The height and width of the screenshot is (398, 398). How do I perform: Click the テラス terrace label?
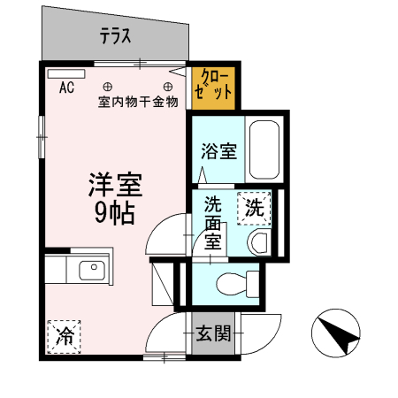(x=115, y=36)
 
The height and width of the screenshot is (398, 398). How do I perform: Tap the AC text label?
(x=66, y=88)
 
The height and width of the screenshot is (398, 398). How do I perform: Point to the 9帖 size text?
(x=115, y=212)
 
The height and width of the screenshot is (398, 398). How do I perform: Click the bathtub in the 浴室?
(x=264, y=148)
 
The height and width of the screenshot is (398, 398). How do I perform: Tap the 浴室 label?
(x=218, y=151)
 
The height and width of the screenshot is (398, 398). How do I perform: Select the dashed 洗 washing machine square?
(x=254, y=210)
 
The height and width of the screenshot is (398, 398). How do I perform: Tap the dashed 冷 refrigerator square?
(x=65, y=335)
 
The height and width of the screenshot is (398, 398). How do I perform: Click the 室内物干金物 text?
(x=138, y=102)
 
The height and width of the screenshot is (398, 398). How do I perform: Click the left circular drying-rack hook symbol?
(x=107, y=87)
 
